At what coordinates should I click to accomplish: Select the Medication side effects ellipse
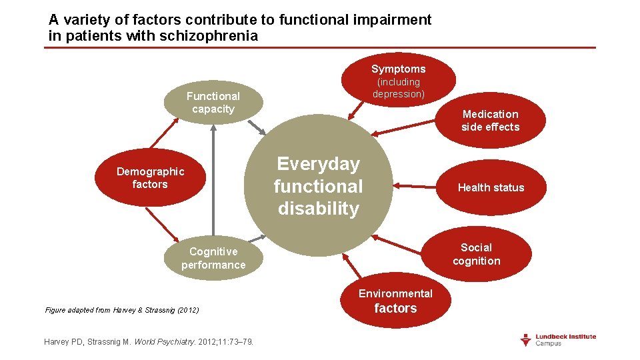pos(491,120)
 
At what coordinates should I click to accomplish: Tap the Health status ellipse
pos(491,187)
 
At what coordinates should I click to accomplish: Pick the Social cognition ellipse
pos(477,254)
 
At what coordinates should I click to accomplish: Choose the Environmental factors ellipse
pos(395,301)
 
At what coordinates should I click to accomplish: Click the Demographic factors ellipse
pos(150,178)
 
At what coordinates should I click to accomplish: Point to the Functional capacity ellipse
pos(213,103)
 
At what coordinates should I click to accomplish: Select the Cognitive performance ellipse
pos(213,258)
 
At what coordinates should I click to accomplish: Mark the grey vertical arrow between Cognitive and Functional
pos(213,180)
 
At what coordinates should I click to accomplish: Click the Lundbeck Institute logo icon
pos(526,339)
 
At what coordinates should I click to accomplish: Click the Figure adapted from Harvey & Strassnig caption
pos(122,310)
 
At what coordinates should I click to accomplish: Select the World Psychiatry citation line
pos(148,342)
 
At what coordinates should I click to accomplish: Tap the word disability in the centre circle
pos(319,209)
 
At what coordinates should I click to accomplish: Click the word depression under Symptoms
pos(399,94)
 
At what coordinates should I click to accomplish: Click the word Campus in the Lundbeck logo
pos(549,343)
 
